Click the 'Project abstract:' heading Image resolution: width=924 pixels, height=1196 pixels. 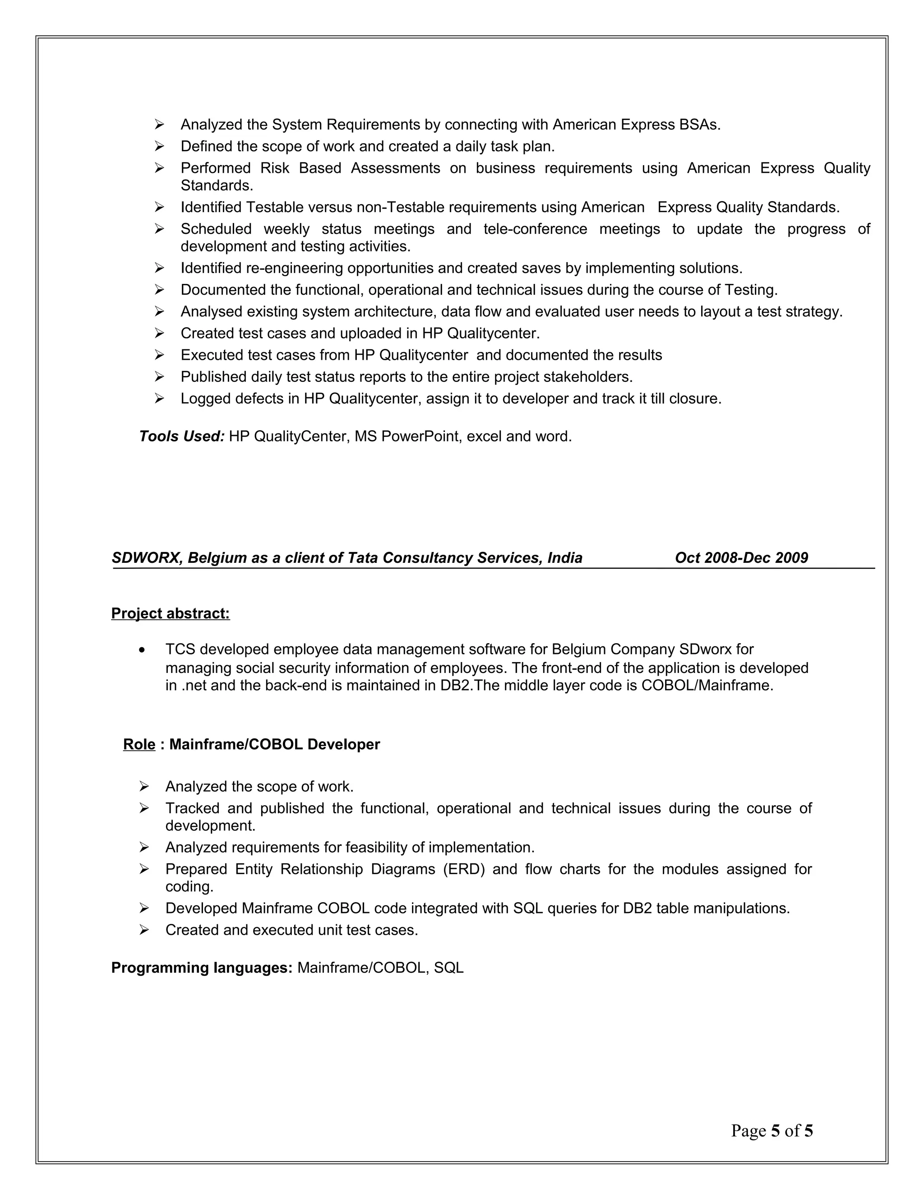click(x=170, y=613)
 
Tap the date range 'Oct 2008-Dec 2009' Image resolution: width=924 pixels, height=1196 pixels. click(x=741, y=557)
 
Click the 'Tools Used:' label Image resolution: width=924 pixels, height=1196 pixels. click(x=182, y=436)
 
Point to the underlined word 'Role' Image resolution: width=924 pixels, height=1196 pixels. click(x=139, y=744)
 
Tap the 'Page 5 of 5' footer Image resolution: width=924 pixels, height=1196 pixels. click(x=772, y=1131)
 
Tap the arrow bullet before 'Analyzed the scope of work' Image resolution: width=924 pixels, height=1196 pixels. click(x=144, y=787)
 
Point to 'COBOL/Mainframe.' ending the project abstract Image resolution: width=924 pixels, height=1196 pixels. click(x=707, y=685)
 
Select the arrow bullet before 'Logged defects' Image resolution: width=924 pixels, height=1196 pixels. click(x=159, y=399)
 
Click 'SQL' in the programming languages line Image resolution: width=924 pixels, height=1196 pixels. click(x=448, y=968)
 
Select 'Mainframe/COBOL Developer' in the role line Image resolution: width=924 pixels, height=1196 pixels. click(x=274, y=744)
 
